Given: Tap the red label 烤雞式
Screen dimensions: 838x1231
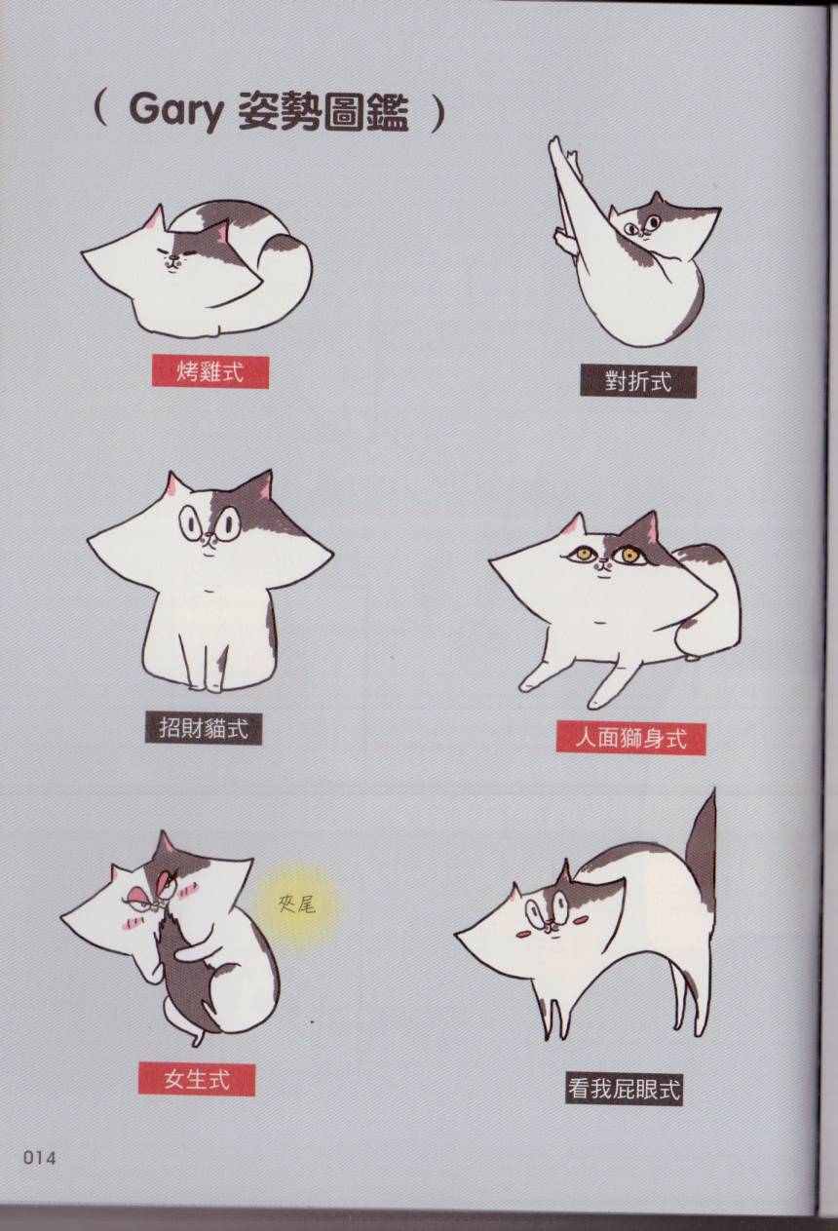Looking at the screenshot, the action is [x=209, y=372].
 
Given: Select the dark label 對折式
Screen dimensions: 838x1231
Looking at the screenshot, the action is [x=638, y=380].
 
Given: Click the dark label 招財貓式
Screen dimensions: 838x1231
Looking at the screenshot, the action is [x=204, y=728].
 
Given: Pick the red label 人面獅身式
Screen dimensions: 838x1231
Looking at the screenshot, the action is [x=630, y=738].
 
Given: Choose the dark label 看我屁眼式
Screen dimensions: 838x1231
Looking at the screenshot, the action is [x=625, y=1073].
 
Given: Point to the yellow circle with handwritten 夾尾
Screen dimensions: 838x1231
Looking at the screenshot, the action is [x=297, y=904].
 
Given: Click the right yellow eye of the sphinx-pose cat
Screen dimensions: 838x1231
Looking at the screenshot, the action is [x=627, y=555].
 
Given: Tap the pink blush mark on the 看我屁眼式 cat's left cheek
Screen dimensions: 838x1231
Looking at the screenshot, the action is [x=524, y=933].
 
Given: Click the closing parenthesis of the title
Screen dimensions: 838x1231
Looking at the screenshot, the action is [x=438, y=113].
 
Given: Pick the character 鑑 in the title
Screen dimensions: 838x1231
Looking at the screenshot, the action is [x=389, y=113].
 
